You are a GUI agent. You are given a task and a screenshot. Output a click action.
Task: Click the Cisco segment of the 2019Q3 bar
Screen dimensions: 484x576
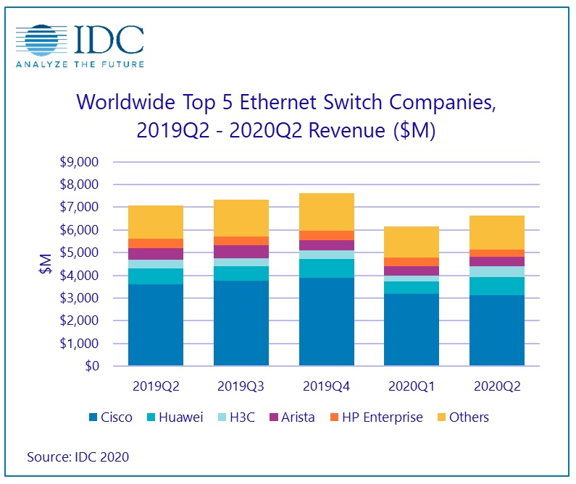click(x=241, y=323)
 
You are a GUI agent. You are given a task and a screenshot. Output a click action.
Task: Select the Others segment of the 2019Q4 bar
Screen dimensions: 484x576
click(x=326, y=211)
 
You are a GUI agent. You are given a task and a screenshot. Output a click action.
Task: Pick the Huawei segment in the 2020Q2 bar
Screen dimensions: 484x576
click(x=497, y=286)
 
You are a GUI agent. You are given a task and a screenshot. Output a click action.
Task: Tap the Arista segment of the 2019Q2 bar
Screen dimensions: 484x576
click(x=155, y=253)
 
